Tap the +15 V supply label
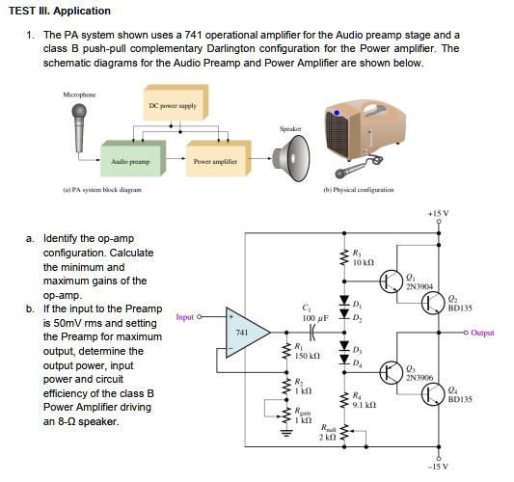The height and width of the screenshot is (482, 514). [438, 212]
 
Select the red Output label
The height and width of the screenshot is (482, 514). [482, 333]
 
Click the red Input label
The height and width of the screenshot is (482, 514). [187, 316]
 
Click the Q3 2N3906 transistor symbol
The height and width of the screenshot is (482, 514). [391, 371]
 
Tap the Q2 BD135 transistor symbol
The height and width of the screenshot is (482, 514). [434, 304]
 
